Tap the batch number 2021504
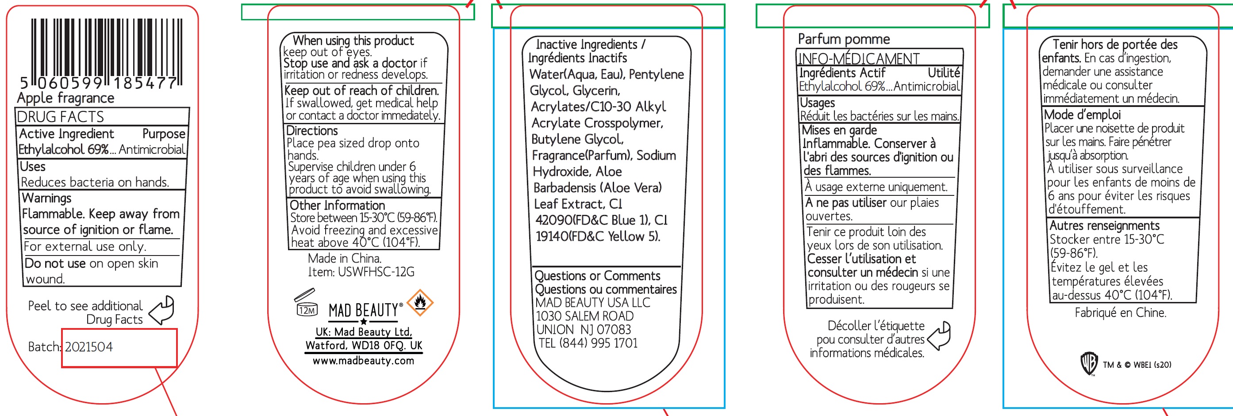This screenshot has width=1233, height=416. [89, 347]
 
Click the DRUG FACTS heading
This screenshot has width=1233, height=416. [60, 117]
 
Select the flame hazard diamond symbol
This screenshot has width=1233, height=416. [420, 302]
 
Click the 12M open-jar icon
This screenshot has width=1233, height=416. [306, 303]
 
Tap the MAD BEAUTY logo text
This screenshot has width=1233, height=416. [363, 310]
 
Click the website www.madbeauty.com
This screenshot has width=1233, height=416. [363, 361]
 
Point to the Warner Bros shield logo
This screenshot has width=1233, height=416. [1089, 364]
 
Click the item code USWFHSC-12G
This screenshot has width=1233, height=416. [376, 272]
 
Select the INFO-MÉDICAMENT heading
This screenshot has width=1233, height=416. [858, 59]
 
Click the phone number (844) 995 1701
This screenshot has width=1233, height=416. [598, 343]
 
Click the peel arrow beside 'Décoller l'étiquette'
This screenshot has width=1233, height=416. [940, 336]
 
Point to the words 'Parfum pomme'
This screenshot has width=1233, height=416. [843, 39]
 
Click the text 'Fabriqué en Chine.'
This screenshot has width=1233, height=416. [1120, 313]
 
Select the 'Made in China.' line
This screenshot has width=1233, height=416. [345, 258]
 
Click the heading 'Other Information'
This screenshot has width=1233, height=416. [337, 205]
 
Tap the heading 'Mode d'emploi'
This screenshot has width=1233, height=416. [1082, 115]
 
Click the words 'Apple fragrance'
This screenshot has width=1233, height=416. [65, 98]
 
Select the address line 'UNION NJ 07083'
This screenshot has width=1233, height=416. [584, 329]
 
